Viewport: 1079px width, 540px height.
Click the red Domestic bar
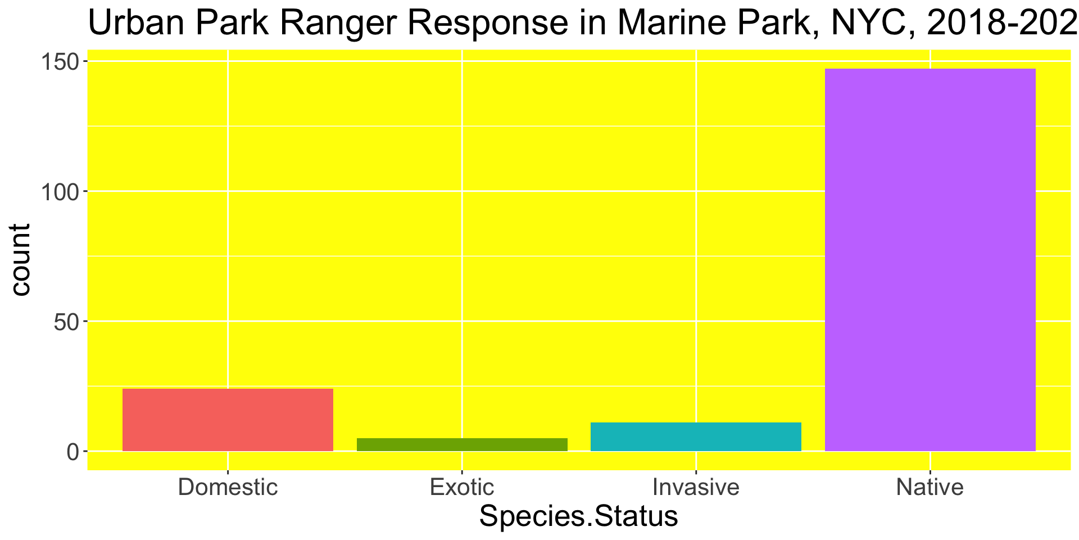click(x=228, y=420)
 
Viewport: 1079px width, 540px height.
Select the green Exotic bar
click(x=462, y=444)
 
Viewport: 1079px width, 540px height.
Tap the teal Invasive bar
click(x=696, y=436)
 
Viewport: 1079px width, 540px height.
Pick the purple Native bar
click(x=930, y=260)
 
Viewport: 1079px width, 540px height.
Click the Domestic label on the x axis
click(x=228, y=487)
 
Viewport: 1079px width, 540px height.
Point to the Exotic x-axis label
click(x=462, y=487)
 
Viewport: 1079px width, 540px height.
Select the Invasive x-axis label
click(x=696, y=487)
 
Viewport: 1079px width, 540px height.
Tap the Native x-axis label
click(x=930, y=487)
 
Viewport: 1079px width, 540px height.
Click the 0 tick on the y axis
click(x=74, y=452)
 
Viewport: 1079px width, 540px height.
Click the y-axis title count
click(x=21, y=259)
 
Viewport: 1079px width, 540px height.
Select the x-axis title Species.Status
click(x=579, y=517)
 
